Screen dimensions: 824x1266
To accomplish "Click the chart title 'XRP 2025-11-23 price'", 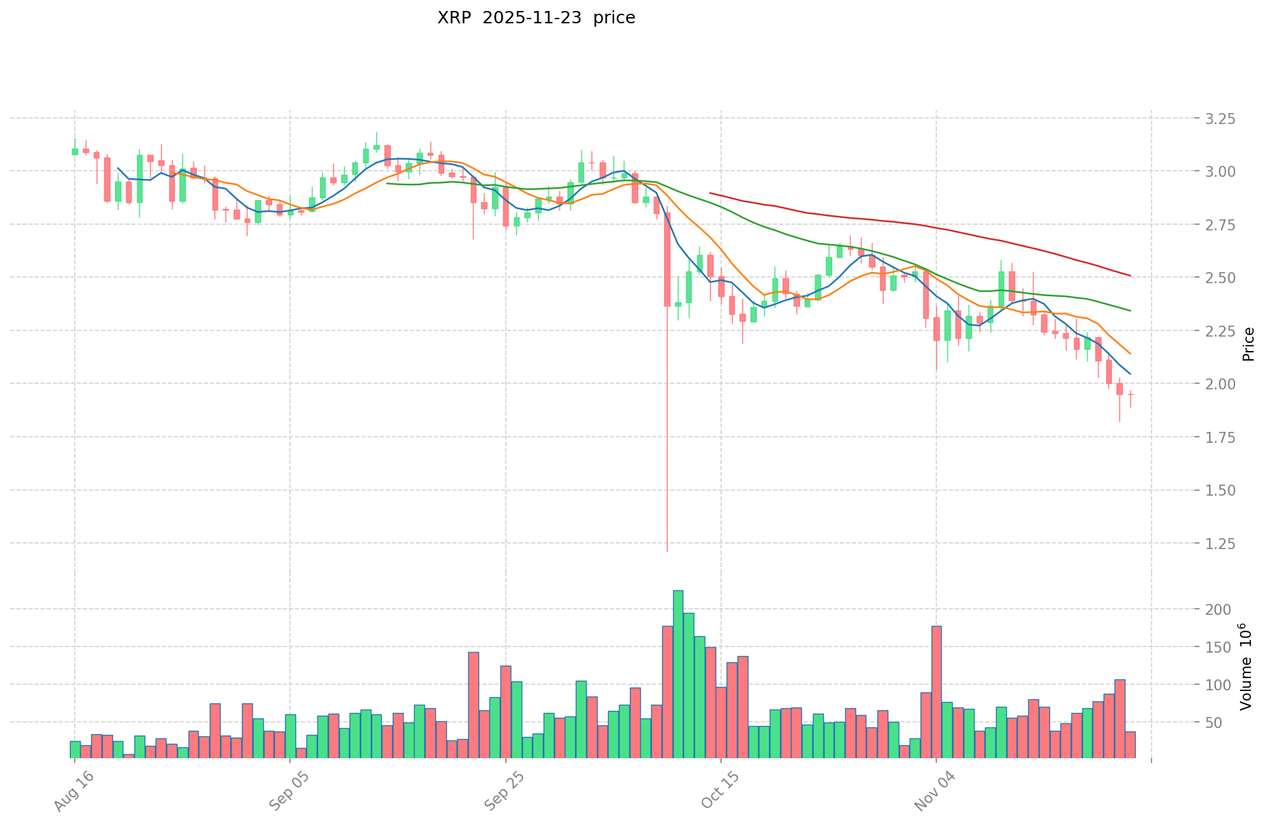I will pyautogui.click(x=536, y=18).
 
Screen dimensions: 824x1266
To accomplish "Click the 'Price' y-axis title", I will pyautogui.click(x=1248, y=344).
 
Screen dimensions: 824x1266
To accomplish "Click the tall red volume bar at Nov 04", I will pyautogui.click(x=936, y=692).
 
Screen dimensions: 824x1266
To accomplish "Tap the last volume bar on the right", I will pyautogui.click(x=1130, y=744).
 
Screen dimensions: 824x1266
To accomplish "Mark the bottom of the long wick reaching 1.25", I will pyautogui.click(x=667, y=551).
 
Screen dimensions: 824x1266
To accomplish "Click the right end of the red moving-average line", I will pyautogui.click(x=1130, y=276).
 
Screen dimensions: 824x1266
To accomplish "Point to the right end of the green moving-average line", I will pyautogui.click(x=1130, y=311).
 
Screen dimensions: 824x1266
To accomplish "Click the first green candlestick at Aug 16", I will pyautogui.click(x=75, y=152).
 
